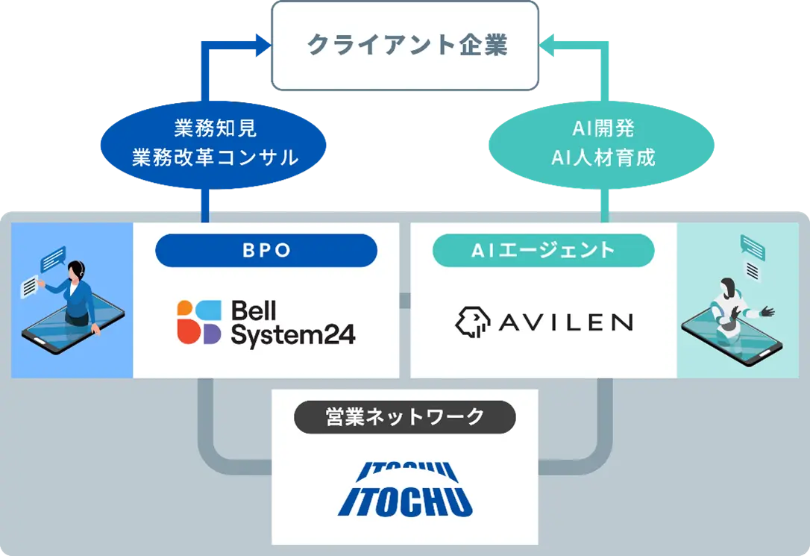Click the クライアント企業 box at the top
pyautogui.click(x=404, y=46)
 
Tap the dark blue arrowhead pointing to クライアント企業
pyautogui.click(x=263, y=46)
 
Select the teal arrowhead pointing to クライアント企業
pyautogui.click(x=546, y=46)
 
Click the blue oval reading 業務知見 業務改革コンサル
pyautogui.click(x=215, y=143)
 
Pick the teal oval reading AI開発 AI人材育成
pyautogui.click(x=602, y=143)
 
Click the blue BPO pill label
pyautogui.click(x=266, y=251)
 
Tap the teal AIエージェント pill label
pyautogui.click(x=543, y=251)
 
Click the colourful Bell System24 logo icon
pyautogui.click(x=199, y=322)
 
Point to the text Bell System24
pyautogui.click(x=292, y=323)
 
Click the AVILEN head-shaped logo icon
pyautogui.click(x=473, y=322)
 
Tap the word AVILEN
pyautogui.click(x=566, y=322)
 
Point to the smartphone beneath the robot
pyautogui.click(x=731, y=343)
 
